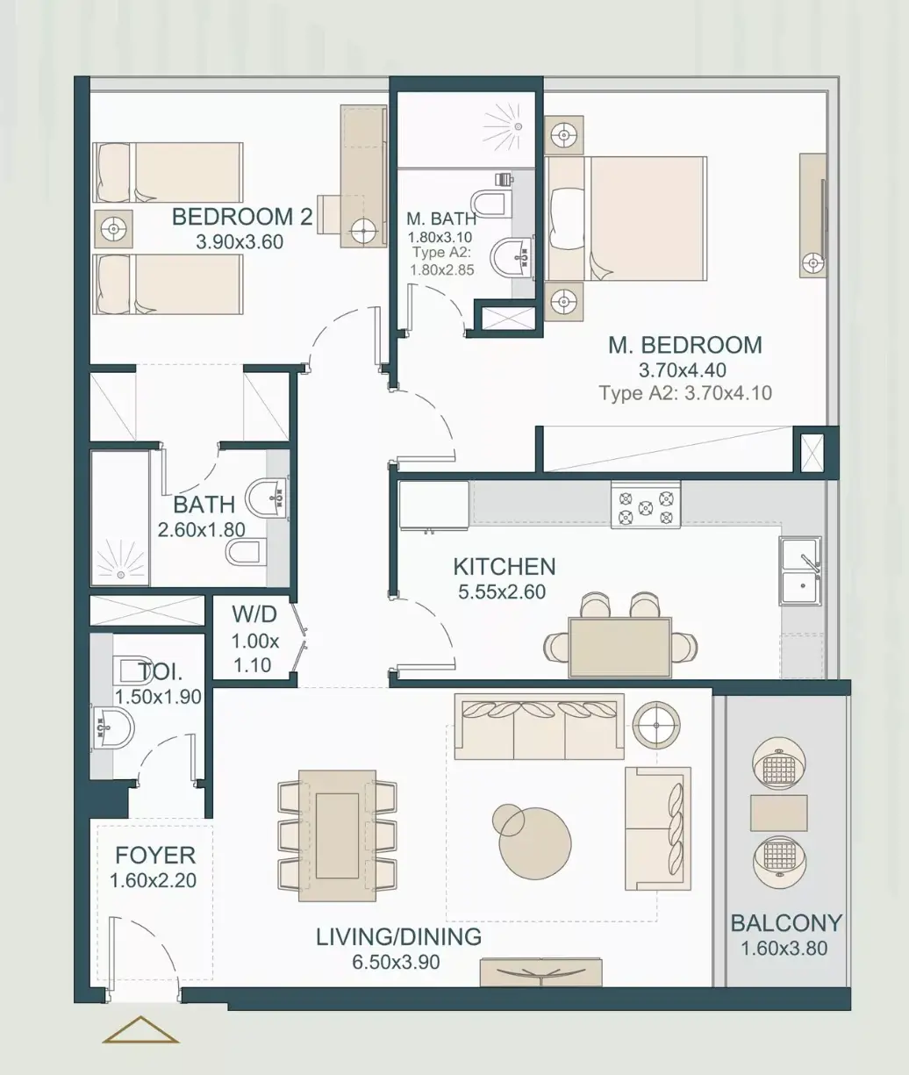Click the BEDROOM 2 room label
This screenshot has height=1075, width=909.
[242, 217]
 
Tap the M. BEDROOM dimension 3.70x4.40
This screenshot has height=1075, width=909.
[683, 370]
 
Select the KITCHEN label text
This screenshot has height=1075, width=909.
[505, 567]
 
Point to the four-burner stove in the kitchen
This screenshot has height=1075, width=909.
[646, 505]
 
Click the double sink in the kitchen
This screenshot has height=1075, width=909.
[800, 571]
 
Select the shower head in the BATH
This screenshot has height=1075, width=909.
[121, 574]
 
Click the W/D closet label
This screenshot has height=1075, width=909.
[254, 615]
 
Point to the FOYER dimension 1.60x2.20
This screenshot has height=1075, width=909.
[153, 880]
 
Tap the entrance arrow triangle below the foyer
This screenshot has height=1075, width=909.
[140, 1029]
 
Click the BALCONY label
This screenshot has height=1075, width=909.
[786, 923]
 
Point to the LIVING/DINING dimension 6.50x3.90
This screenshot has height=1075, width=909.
[397, 962]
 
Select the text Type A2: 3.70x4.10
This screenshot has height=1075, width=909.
[685, 393]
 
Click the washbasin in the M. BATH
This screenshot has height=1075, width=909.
[512, 259]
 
